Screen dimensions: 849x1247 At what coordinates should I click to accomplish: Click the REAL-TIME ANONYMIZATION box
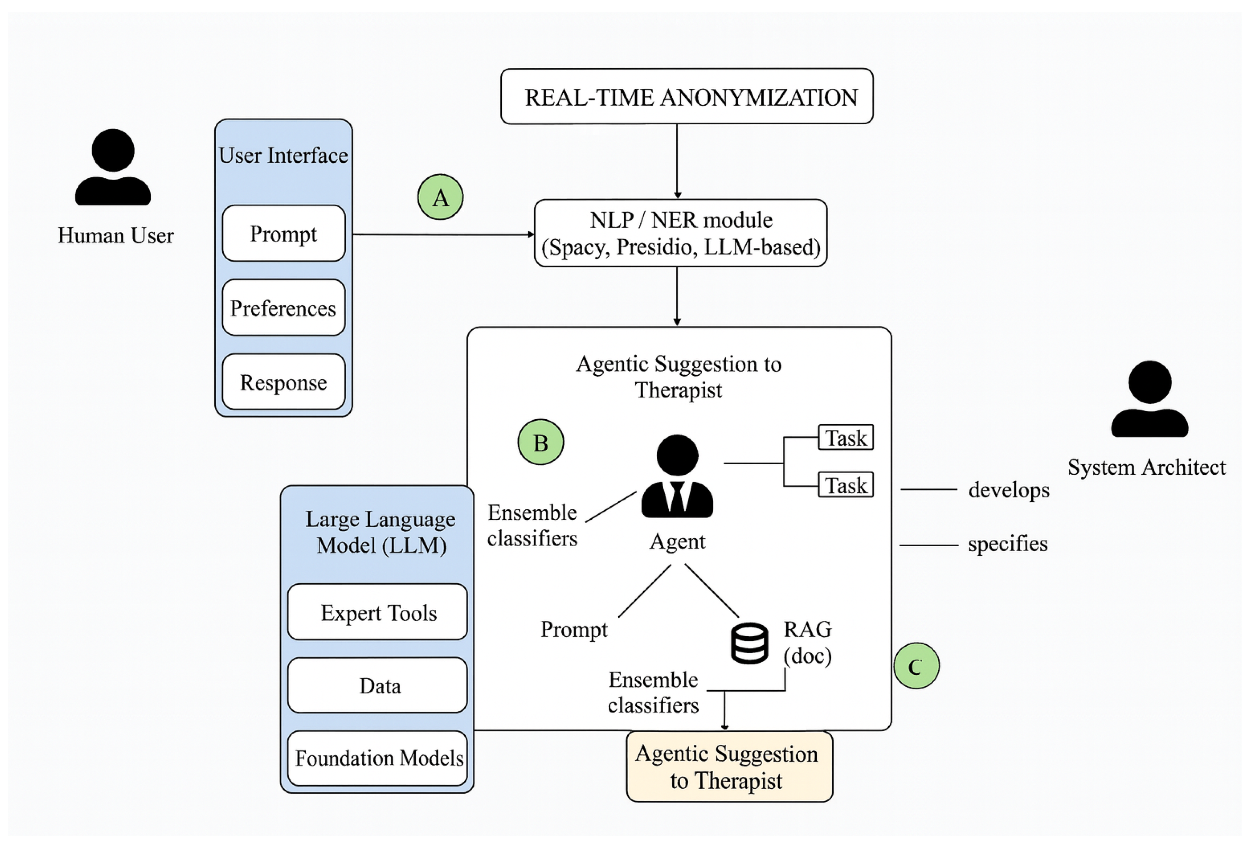(x=686, y=97)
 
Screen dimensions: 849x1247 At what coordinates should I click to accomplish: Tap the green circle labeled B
(x=540, y=442)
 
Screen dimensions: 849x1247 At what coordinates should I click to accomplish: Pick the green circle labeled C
(x=916, y=666)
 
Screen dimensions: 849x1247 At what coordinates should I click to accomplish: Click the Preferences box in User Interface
(x=283, y=307)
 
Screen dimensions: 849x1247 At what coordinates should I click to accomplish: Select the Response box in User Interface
(x=283, y=382)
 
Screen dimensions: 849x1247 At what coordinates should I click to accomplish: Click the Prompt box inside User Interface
(x=283, y=234)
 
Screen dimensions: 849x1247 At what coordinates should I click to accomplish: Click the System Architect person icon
(x=1149, y=399)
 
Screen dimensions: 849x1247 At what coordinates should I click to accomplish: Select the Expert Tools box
(x=377, y=612)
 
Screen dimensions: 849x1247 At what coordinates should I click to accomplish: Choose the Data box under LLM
(x=377, y=686)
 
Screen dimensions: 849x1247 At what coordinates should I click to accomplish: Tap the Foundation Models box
(x=377, y=758)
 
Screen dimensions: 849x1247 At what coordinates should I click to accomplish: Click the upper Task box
(x=845, y=437)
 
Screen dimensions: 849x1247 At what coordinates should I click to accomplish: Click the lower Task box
(x=845, y=485)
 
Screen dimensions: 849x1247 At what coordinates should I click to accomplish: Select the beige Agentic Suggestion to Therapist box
(x=729, y=766)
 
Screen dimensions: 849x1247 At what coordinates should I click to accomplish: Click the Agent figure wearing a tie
(x=677, y=477)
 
